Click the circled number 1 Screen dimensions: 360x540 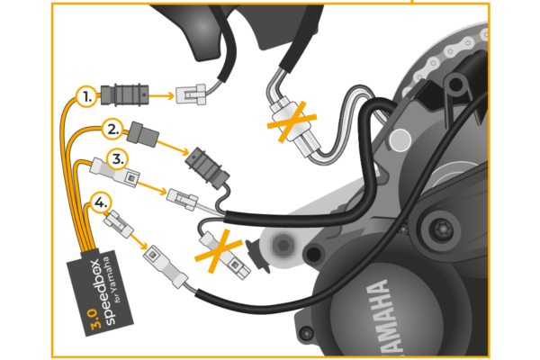(x=86, y=95)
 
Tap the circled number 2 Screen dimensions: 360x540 (x=112, y=128)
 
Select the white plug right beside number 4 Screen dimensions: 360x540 (x=116, y=220)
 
